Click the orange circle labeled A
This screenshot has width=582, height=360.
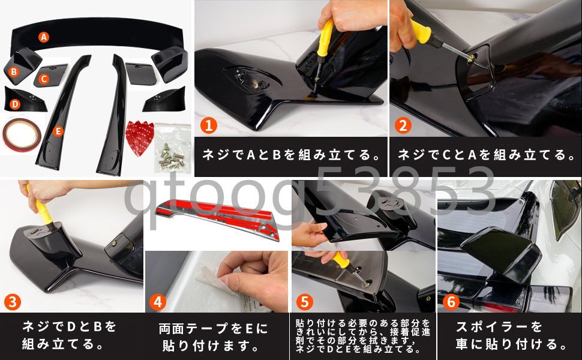click(x=44, y=37)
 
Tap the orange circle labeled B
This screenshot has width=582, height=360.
click(x=14, y=71)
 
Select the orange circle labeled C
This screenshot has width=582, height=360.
click(x=44, y=79)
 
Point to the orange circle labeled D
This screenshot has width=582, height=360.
click(x=15, y=104)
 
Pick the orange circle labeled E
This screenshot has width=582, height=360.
click(x=58, y=131)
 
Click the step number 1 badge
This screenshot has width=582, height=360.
click(x=209, y=125)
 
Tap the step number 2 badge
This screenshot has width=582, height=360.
click(x=403, y=125)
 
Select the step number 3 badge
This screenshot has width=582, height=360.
click(x=12, y=302)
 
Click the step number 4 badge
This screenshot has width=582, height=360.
click(x=157, y=302)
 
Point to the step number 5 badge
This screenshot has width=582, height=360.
click(x=304, y=302)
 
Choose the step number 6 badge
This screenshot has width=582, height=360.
click(x=451, y=302)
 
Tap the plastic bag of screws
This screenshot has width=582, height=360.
click(x=173, y=148)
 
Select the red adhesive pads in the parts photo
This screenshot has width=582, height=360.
click(x=140, y=137)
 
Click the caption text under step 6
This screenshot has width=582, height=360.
click(x=511, y=335)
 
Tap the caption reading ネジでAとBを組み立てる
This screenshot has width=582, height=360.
click(x=292, y=155)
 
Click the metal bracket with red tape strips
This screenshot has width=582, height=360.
click(x=218, y=218)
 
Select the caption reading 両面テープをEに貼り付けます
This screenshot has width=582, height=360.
click(x=213, y=337)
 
